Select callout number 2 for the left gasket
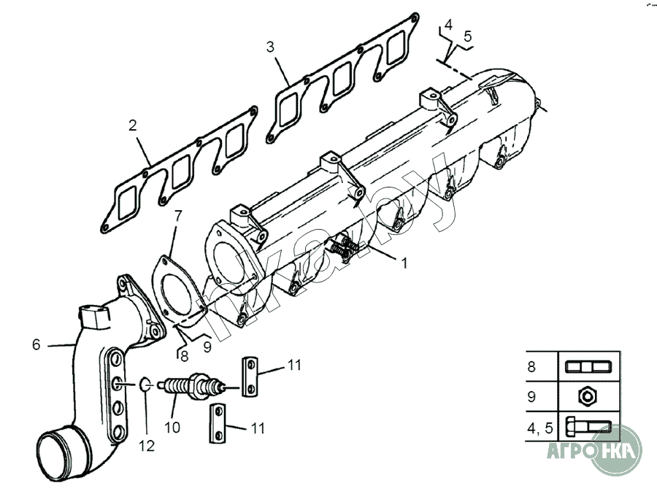click(x=132, y=125)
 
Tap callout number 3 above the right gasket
click(x=270, y=47)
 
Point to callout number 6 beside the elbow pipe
click(x=36, y=344)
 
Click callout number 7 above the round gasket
click(x=178, y=215)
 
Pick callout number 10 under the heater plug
click(x=172, y=428)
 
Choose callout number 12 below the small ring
click(x=147, y=444)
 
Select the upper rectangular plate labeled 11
click(x=249, y=376)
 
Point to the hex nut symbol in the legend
click(x=588, y=396)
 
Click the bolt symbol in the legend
click(x=588, y=428)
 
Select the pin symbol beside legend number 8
click(x=588, y=366)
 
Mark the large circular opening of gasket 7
click(x=174, y=290)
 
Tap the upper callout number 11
click(x=293, y=365)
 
